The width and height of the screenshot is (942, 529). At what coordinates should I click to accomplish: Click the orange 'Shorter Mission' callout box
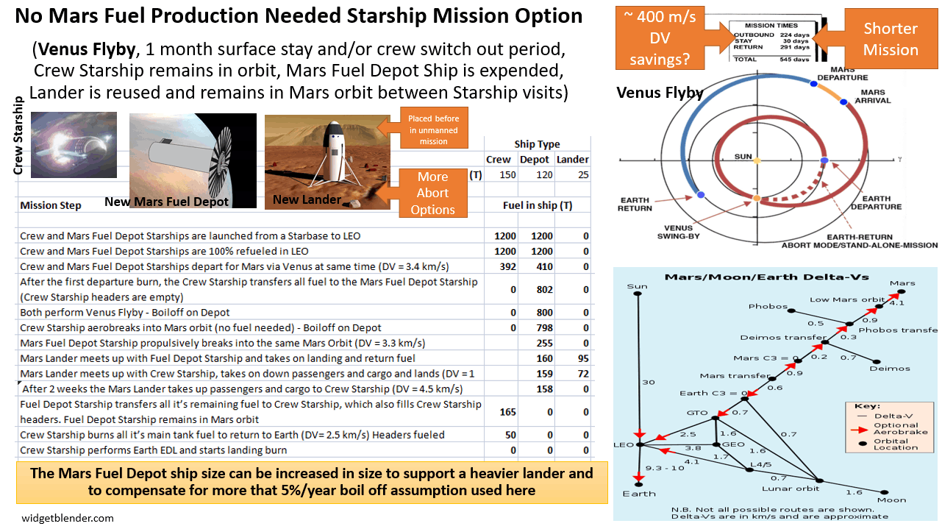coord(891,39)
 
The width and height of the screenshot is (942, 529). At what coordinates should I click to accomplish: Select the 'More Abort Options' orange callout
coord(432,193)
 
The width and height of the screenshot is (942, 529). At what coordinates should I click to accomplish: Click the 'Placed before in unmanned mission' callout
coord(433,129)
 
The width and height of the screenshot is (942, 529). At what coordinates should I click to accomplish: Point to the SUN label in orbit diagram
coord(743,157)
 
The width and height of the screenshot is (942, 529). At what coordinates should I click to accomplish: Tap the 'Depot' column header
coord(535,160)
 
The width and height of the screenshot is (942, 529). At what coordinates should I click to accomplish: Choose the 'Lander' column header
coord(572,160)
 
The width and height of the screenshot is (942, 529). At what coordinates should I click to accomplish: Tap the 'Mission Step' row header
coord(51,205)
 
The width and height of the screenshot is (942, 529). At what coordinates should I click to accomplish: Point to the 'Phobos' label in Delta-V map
coord(768,307)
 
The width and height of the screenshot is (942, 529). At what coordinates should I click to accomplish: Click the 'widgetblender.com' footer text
coord(68,518)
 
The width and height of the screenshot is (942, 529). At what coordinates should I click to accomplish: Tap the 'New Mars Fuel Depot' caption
coord(166,202)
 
